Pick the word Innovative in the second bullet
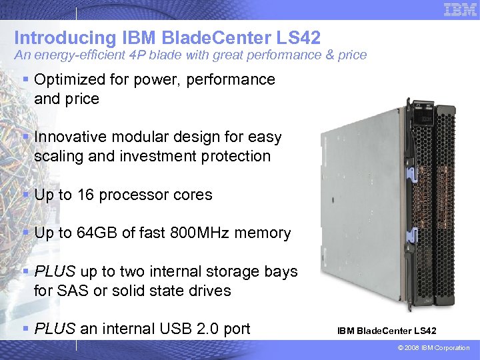click(x=68, y=137)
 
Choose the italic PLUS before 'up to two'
click(x=55, y=271)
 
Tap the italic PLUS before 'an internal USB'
click(x=55, y=329)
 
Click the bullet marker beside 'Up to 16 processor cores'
click(x=25, y=195)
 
